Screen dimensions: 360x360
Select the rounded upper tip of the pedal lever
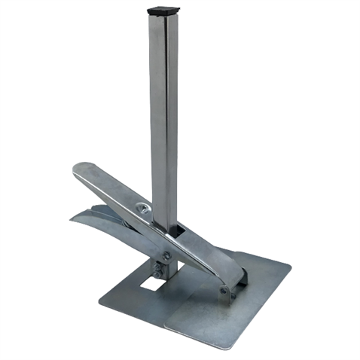pos(81,169)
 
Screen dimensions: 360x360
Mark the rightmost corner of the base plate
pos(288,264)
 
